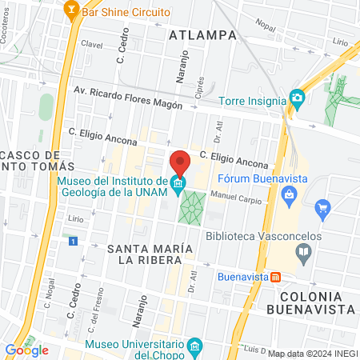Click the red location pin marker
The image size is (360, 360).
(x=180, y=162)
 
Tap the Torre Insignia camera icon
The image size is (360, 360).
(x=298, y=98)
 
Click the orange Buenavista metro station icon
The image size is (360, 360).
(x=275, y=277)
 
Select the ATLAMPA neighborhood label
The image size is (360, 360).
(x=203, y=35)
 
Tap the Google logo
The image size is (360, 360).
(x=26, y=350)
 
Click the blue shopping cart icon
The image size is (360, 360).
(x=323, y=210)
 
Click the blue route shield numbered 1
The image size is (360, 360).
(x=74, y=240)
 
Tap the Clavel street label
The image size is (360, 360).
(x=92, y=45)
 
